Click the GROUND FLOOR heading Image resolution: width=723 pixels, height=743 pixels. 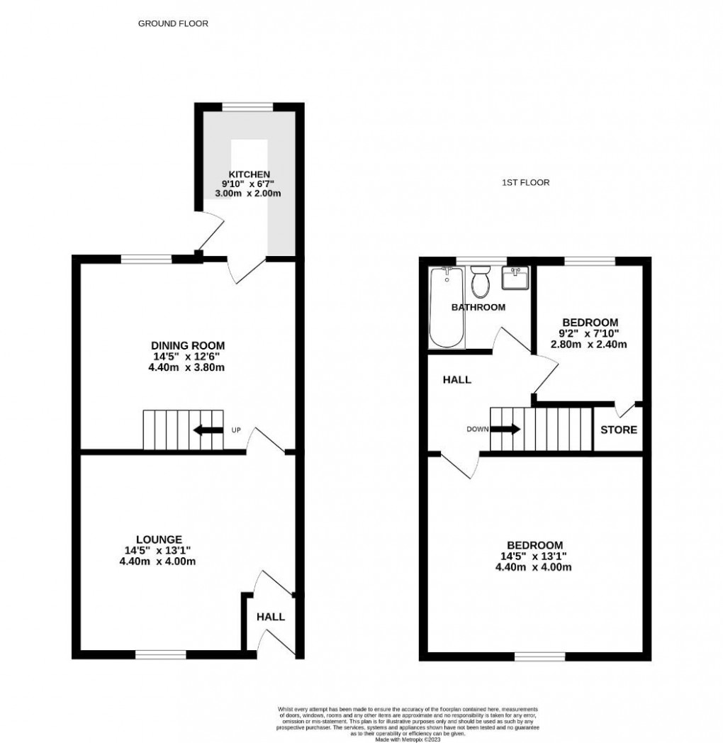(173, 23)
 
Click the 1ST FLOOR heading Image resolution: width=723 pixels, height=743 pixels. (525, 182)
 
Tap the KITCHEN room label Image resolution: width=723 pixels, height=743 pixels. (248, 174)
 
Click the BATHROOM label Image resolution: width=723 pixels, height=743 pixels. (478, 307)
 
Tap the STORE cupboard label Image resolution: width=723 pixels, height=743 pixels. (619, 430)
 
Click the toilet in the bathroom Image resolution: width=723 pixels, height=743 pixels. (481, 283)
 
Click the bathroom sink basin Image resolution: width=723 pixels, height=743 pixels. (516, 278)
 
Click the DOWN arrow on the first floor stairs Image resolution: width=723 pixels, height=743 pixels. (505, 429)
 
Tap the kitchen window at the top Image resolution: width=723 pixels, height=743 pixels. (247, 107)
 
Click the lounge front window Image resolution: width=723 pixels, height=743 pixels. (161, 654)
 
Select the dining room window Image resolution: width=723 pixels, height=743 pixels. (147, 259)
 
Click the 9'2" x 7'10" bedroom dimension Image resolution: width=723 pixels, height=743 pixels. (590, 333)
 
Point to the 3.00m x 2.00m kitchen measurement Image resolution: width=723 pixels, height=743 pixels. (248, 194)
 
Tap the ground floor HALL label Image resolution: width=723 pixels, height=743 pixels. (270, 617)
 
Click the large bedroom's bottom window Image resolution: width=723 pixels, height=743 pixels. (539, 657)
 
